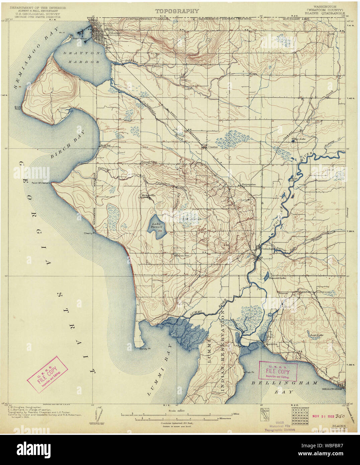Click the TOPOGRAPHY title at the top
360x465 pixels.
pos(177,11)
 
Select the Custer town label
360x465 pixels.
pos(213,147)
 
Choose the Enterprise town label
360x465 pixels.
pos(249,184)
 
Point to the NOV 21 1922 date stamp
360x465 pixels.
pos(323,416)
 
